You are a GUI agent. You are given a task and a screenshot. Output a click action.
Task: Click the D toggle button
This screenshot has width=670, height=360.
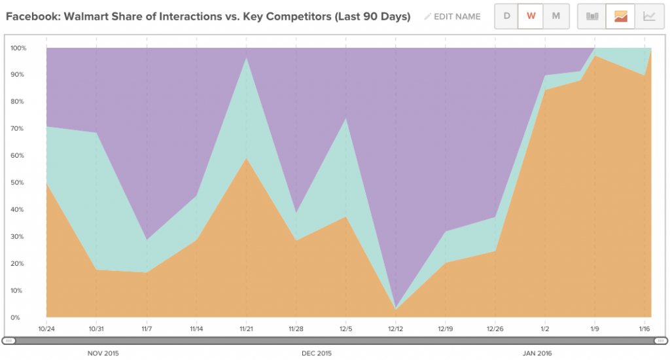pos(506,16)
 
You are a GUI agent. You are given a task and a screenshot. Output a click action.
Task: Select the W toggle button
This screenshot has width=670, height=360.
pos(531,16)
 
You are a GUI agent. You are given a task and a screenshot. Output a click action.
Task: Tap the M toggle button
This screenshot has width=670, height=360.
pos(556,16)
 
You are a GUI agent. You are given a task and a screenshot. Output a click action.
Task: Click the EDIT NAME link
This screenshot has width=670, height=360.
pos(452,16)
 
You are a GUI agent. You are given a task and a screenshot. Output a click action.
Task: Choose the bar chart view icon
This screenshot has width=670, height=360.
pos(591,16)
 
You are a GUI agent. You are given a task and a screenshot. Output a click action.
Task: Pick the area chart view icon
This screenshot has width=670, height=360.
pos(620,16)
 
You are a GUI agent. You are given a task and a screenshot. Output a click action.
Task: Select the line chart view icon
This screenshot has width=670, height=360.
pos(649,16)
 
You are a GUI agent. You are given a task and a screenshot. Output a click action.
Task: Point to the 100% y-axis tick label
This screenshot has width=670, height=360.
pos(18,48)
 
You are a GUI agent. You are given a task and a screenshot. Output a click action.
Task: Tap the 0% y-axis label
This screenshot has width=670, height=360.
pos(16,317)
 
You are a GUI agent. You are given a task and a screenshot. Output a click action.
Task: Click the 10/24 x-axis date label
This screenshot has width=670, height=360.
pos(46,329)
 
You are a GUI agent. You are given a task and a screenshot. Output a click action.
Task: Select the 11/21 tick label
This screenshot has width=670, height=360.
pos(246,329)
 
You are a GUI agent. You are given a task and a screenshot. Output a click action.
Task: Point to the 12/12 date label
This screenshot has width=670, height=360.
pos(396,329)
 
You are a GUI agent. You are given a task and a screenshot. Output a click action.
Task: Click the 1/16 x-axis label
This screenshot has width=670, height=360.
pos(644,329)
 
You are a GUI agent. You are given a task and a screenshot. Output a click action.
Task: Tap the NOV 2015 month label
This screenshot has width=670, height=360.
pos(103,353)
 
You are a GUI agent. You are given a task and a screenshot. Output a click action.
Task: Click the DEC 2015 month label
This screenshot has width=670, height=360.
pos(317,353)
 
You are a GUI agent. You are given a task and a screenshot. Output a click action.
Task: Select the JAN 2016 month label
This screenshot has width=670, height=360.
pos(537,353)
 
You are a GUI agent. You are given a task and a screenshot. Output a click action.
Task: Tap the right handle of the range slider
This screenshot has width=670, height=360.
pos(661,341)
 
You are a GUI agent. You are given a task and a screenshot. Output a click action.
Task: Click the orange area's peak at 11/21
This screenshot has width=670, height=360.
pos(246,158)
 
